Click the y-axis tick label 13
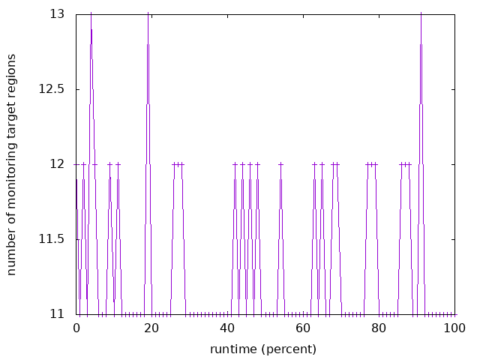point(58,14)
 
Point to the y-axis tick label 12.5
point(52,89)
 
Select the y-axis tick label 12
point(58,164)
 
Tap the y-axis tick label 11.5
point(52,239)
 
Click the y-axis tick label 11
point(58,314)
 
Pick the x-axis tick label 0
point(76,328)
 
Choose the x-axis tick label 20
point(152,328)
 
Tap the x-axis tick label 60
point(303,328)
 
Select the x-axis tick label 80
point(379,328)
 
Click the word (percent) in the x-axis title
point(286,349)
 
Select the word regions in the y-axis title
point(12,76)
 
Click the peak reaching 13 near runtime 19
point(148,15)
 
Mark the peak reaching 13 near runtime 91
point(421,15)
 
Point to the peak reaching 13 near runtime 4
point(91,15)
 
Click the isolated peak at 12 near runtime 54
point(280,164)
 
